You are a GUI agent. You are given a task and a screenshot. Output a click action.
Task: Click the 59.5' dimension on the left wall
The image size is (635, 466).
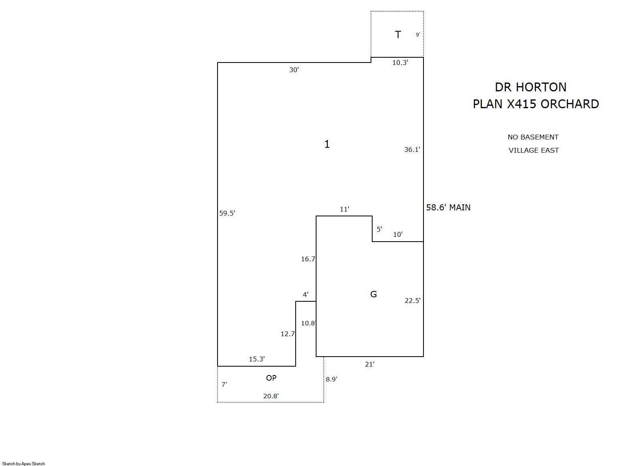(227, 213)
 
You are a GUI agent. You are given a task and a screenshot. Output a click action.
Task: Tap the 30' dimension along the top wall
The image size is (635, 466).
(294, 70)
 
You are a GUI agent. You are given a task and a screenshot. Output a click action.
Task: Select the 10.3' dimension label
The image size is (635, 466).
(400, 63)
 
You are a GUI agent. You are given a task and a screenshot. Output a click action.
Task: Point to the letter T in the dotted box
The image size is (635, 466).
(398, 34)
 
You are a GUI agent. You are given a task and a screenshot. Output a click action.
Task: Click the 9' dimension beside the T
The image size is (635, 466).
(418, 34)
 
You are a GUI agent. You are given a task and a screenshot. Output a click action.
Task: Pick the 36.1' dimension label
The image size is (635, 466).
(412, 149)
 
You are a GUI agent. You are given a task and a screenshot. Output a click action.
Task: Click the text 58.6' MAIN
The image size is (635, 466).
(448, 208)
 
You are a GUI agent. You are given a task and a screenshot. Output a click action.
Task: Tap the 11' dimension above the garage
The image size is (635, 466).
(345, 209)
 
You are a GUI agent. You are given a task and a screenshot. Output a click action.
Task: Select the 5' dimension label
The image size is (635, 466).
(379, 229)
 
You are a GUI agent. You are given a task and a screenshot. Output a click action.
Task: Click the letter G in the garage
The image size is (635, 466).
(373, 294)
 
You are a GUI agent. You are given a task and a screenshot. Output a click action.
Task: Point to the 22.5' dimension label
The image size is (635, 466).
(413, 301)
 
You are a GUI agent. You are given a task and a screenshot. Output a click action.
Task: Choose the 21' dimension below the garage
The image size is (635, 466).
(370, 364)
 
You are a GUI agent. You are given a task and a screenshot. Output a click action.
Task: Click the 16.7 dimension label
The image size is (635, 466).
(308, 259)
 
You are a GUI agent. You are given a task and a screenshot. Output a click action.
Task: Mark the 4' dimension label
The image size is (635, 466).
(306, 295)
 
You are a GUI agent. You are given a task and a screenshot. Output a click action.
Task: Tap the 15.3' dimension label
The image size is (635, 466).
(257, 359)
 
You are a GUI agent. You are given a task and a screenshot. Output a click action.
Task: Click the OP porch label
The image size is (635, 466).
(271, 378)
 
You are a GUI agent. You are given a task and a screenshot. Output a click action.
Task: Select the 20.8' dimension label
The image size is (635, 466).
(271, 396)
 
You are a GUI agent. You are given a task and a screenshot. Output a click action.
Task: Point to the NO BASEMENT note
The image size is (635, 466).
(533, 137)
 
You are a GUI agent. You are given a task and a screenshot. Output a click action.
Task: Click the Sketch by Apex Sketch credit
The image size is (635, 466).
(24, 464)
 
